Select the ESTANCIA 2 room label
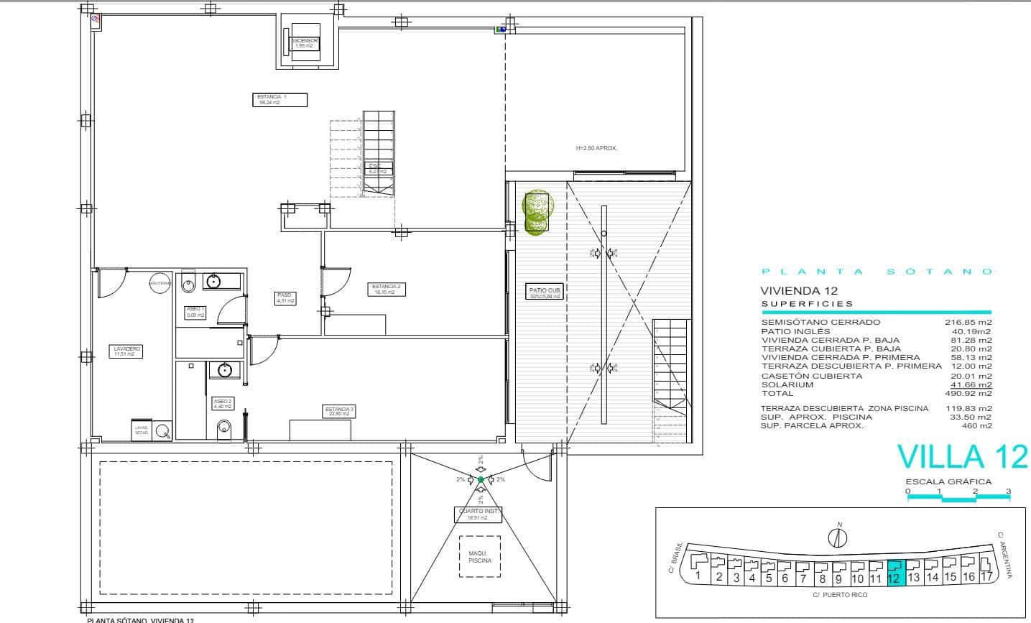(387, 289)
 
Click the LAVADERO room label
(127, 351)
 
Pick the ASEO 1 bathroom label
(196, 311)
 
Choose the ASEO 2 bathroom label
(222, 404)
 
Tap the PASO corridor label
(285, 297)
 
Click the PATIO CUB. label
(545, 292)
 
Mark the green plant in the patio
(537, 213)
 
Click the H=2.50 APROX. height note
(596, 148)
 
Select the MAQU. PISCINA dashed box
(480, 556)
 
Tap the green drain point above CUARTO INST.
(481, 479)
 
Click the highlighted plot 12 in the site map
(896, 573)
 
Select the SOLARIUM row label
(787, 384)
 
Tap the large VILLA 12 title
(962, 457)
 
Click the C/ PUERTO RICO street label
(840, 595)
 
